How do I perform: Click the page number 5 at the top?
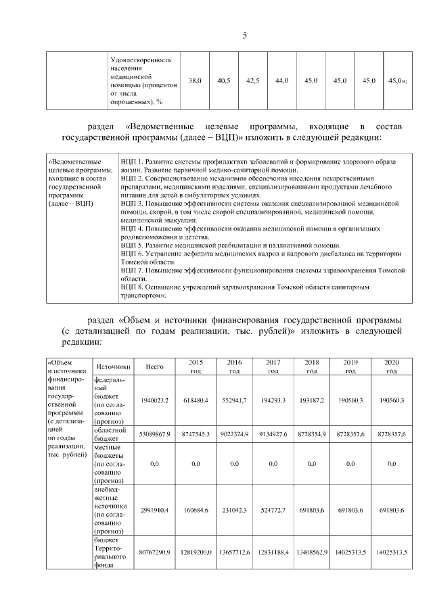click(244, 37)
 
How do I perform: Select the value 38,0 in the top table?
click(195, 81)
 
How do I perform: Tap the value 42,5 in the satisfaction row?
click(253, 81)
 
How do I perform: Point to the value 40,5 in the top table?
click(224, 81)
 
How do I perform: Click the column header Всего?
click(155, 367)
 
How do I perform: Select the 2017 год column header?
click(273, 367)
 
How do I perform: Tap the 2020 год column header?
click(391, 367)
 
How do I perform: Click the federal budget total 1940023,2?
click(155, 401)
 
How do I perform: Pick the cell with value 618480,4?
click(196, 401)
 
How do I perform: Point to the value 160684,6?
click(196, 509)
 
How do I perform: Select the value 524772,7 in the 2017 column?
click(273, 509)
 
